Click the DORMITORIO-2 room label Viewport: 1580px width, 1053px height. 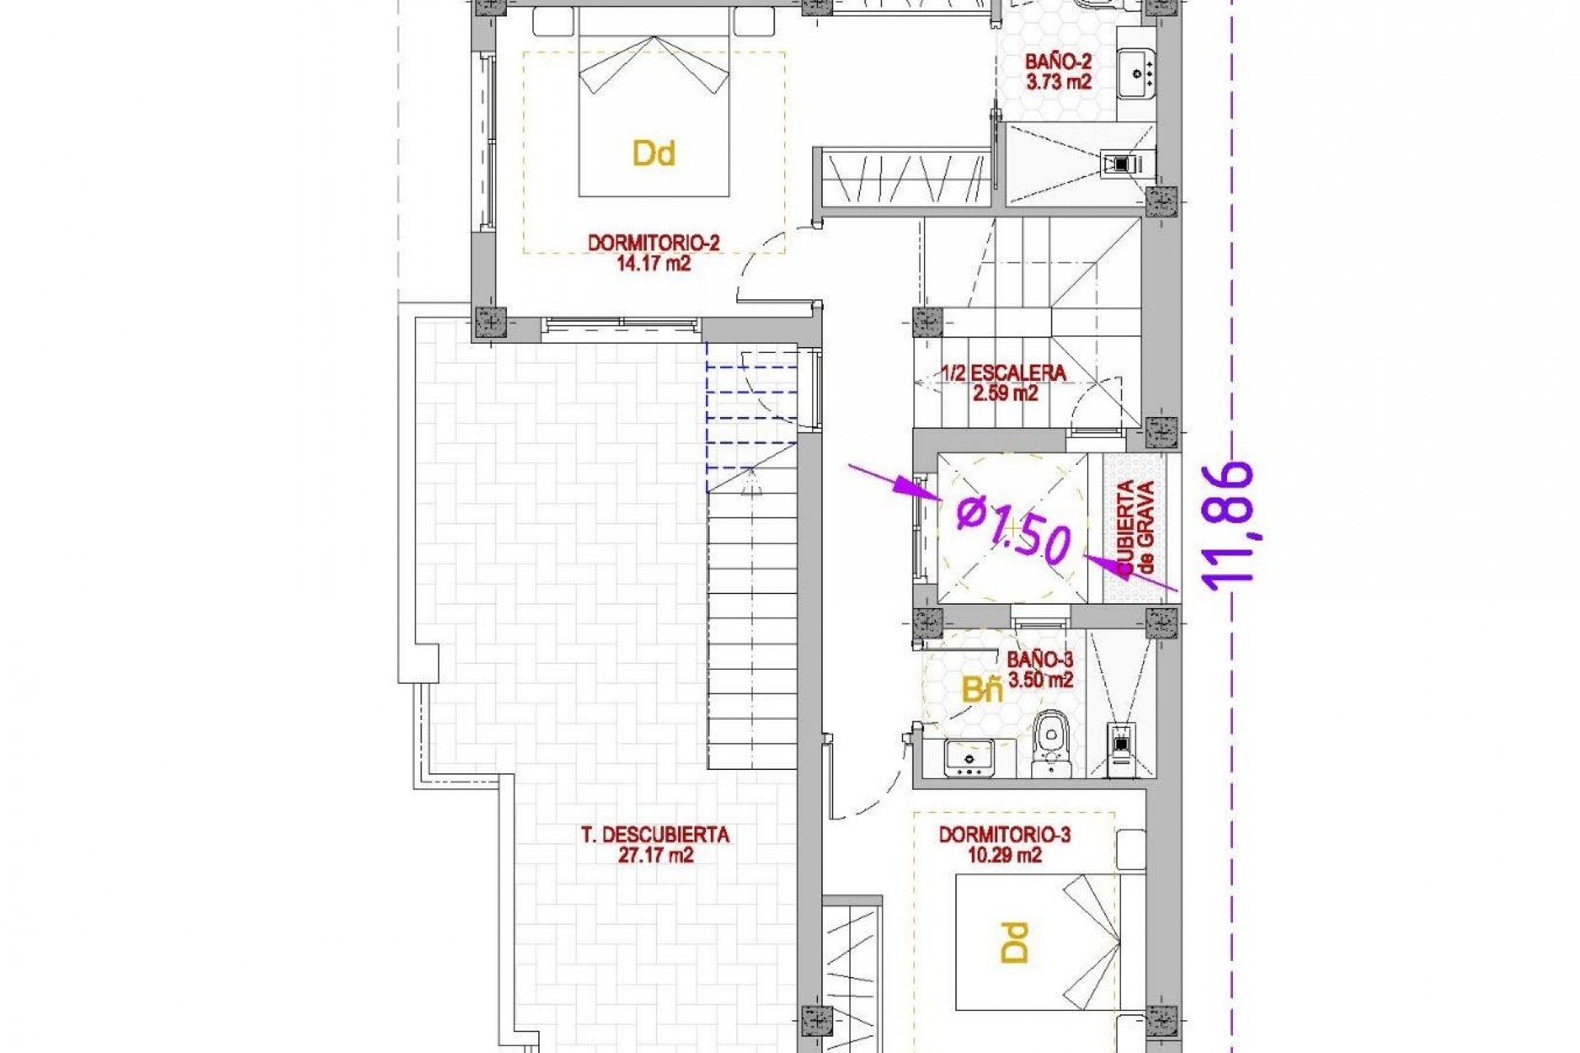[653, 244]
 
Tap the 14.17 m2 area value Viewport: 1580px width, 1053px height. [653, 264]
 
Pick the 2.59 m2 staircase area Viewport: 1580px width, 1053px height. [1006, 393]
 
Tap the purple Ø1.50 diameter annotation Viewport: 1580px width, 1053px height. [1014, 529]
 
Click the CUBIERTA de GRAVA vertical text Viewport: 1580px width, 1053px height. [1136, 526]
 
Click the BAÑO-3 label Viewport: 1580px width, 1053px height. [1040, 660]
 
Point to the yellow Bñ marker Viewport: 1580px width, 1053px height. [983, 690]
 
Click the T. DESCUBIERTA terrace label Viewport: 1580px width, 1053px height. [655, 835]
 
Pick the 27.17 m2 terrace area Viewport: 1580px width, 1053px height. [656, 856]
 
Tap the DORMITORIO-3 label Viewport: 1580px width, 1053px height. [1004, 835]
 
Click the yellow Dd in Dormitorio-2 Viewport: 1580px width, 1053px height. [654, 153]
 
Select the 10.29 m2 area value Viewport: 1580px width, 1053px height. [1005, 856]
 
